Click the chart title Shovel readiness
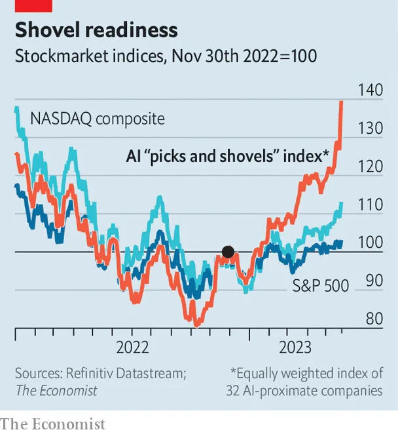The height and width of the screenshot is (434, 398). click(96, 30)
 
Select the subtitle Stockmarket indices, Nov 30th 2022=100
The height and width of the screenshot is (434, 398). click(166, 56)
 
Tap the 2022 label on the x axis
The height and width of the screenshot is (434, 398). click(133, 346)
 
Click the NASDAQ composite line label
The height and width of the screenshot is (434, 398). click(98, 119)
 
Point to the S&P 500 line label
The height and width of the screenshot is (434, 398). click(319, 284)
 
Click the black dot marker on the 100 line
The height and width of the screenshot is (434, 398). click(228, 252)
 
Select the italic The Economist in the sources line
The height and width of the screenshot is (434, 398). click(56, 391)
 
